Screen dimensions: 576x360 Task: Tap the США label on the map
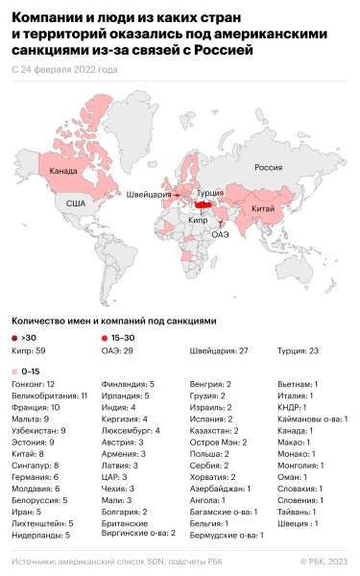pos(76,204)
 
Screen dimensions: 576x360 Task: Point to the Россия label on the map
pos(267,167)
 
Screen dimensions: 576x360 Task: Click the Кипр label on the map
pos(198,220)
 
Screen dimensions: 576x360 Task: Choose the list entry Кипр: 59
pos(27,352)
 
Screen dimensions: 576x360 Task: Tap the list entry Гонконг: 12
pos(34,383)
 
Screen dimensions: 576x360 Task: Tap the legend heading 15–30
pos(121,339)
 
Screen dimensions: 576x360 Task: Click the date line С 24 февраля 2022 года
pos(65,70)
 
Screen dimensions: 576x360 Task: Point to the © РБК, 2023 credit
pos(324,560)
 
